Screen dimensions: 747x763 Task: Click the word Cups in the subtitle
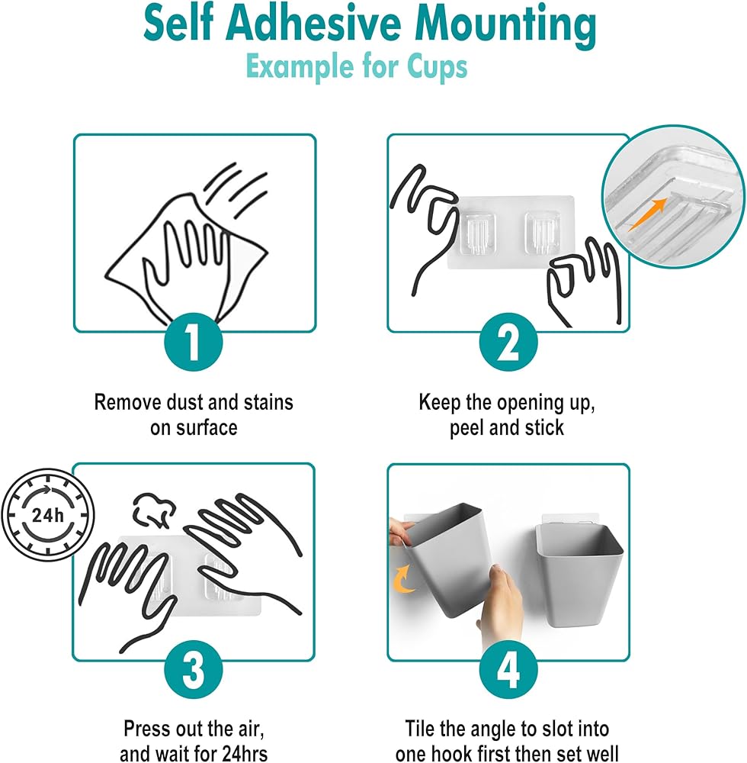[x=437, y=67]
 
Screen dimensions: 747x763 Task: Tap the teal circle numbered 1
[x=194, y=342]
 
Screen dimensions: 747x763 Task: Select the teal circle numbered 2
[x=508, y=342]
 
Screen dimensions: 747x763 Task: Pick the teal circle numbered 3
[x=194, y=670]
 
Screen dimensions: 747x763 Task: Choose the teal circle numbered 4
[x=508, y=670]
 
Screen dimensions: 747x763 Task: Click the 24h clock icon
[x=47, y=514]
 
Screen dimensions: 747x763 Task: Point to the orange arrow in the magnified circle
[x=647, y=214]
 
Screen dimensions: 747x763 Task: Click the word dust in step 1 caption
[x=184, y=403]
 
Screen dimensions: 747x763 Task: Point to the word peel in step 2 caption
[x=467, y=428]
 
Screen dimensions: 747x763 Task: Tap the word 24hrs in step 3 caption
[x=245, y=753]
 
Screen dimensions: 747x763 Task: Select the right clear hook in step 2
[x=543, y=233]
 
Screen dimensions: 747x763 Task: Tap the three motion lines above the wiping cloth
[x=237, y=190]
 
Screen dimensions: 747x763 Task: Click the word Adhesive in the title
[x=313, y=25]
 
